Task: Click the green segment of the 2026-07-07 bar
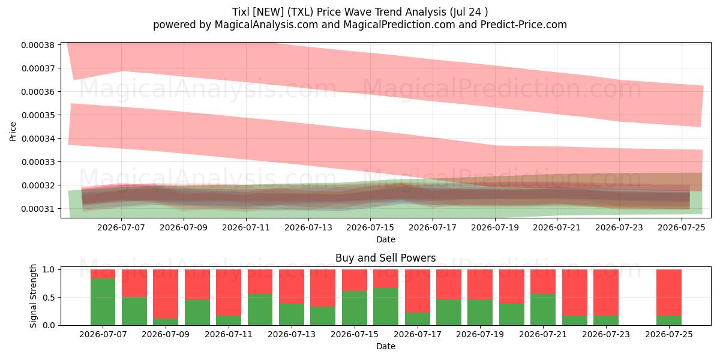(103, 302)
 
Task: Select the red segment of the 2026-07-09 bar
(166, 294)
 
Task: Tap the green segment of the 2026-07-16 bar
(386, 307)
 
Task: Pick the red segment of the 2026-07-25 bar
(669, 293)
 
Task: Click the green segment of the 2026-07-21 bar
(543, 310)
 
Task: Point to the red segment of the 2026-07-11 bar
(229, 293)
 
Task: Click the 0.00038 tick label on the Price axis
(38, 45)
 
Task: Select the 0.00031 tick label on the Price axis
(38, 209)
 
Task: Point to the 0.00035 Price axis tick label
(38, 115)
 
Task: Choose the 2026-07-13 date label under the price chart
(308, 227)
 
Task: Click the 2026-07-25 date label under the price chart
(682, 227)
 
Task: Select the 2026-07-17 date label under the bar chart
(417, 334)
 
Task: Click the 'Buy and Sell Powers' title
(386, 258)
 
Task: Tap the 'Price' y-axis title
(13, 131)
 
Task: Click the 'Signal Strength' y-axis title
(33, 296)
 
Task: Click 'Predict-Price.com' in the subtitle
(524, 25)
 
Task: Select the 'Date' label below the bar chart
(386, 346)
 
